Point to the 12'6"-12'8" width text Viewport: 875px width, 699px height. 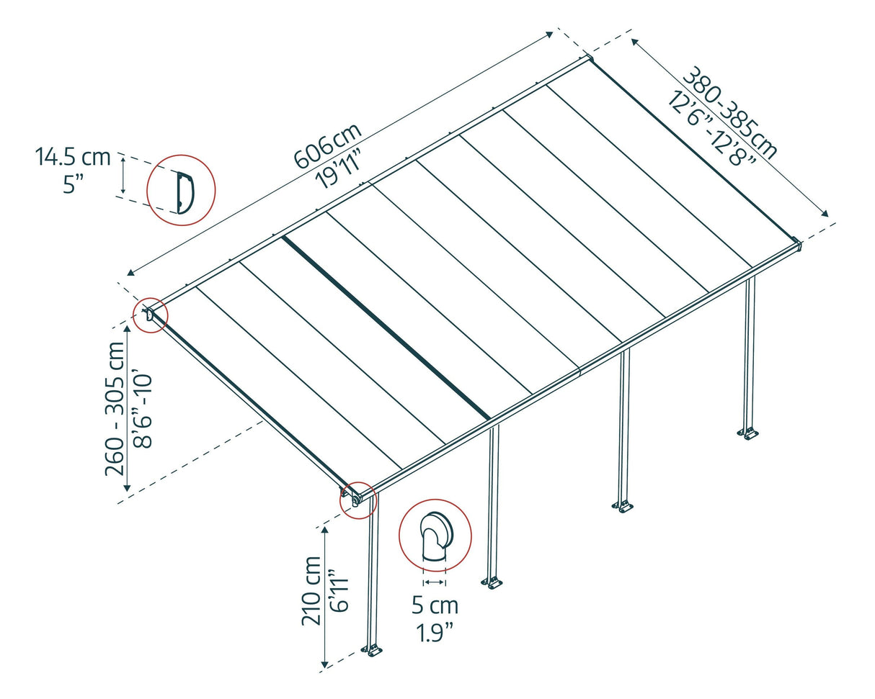(711, 130)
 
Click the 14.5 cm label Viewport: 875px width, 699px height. (72, 158)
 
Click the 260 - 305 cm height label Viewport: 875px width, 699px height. (116, 407)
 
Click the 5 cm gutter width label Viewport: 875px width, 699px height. (435, 605)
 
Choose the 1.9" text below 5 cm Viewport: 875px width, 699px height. (435, 633)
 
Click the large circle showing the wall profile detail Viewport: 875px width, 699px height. (181, 190)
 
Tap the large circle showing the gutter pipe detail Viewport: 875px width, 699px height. (435, 536)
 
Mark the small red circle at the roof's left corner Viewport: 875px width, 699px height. (150, 315)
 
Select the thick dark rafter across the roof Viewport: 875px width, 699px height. (386, 327)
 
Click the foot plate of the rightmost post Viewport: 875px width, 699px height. (748, 433)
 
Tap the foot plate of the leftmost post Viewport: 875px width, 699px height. (372, 651)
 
